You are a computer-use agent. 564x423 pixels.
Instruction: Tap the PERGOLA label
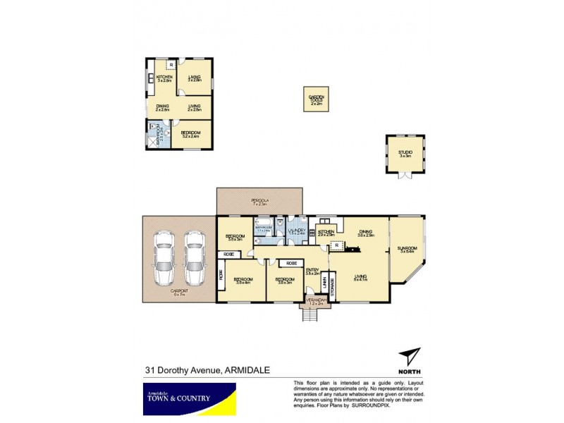259,202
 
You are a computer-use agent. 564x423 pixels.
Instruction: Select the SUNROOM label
408,250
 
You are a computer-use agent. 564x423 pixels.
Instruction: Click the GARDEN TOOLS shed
317,100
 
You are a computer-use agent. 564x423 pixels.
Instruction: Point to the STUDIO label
405,153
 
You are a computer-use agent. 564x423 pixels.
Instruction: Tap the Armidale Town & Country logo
177,398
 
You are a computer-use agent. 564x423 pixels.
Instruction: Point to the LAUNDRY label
295,231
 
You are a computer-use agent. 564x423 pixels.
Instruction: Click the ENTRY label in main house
313,270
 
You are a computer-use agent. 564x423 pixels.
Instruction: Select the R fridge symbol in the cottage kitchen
171,66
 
